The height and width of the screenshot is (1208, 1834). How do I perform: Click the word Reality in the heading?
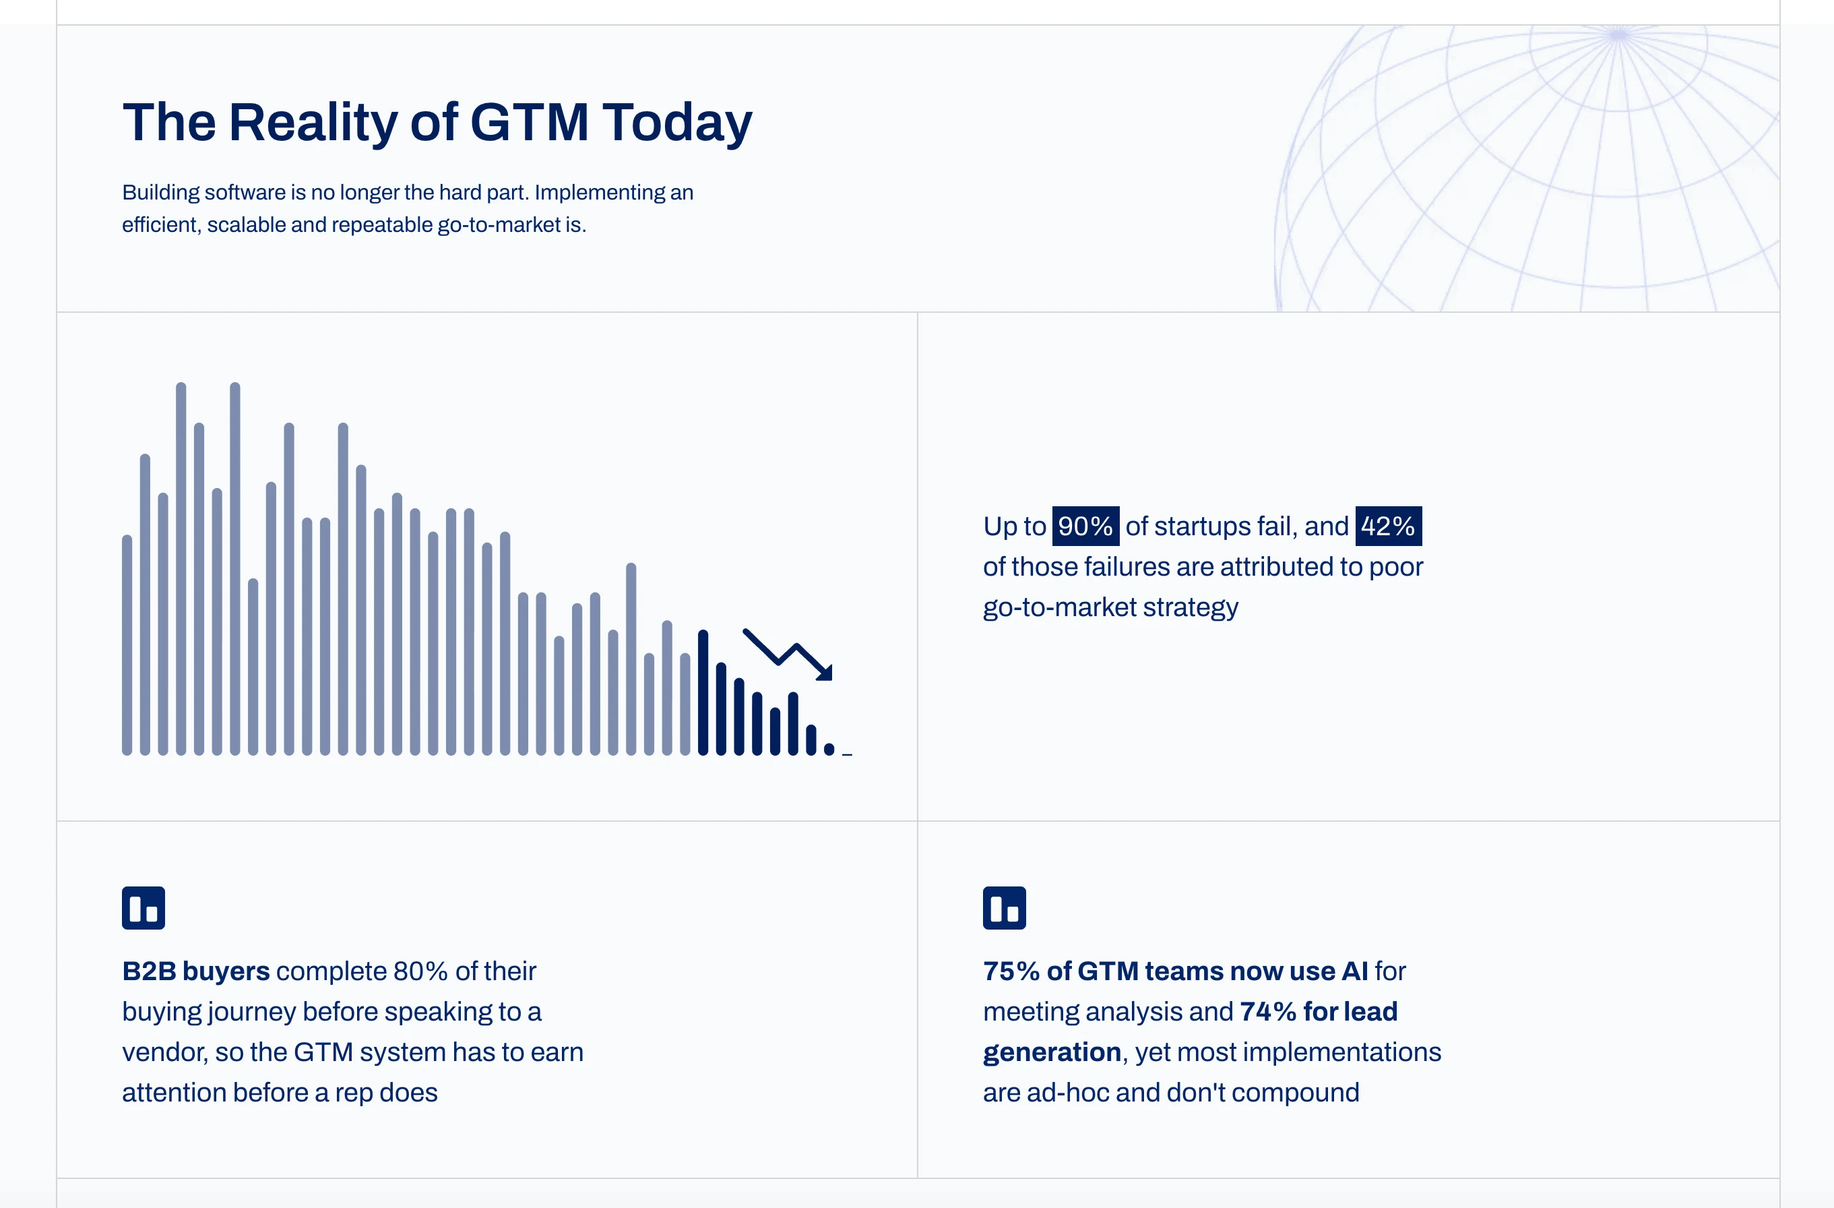(313, 123)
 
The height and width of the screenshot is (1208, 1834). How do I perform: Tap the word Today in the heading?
(677, 123)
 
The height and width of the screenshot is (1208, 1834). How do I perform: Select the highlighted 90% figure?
(1085, 526)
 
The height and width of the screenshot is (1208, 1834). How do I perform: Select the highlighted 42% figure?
(1388, 526)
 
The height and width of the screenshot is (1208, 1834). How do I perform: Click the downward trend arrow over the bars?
(788, 655)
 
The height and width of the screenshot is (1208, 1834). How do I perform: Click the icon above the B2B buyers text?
(144, 908)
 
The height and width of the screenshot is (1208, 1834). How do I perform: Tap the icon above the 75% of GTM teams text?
(1004, 908)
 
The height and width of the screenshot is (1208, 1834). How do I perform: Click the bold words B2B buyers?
(195, 971)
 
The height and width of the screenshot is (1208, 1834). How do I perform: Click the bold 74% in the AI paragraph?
(1267, 1011)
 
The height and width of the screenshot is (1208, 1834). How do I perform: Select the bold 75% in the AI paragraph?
(1011, 971)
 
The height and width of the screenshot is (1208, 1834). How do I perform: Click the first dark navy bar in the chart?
(703, 692)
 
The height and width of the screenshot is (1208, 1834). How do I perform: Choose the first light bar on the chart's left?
(127, 644)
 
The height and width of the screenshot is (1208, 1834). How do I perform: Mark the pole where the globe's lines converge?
(1618, 34)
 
